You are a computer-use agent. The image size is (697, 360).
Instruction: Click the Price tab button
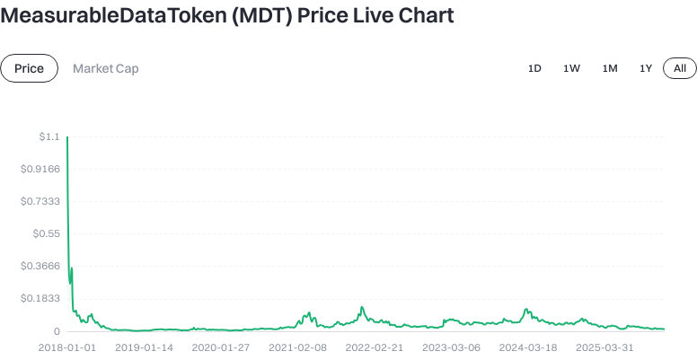29,68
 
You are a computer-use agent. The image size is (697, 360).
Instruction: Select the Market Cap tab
106,68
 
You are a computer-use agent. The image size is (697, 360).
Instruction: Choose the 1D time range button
534,68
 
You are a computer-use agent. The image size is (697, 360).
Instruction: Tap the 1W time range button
572,68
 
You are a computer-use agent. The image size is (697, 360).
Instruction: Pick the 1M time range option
610,68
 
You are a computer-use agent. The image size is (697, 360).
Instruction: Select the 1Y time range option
646,68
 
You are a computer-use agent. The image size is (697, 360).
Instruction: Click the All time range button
680,68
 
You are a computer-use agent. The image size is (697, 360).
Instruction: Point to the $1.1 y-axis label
49,136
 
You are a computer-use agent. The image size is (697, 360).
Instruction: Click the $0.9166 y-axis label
40,169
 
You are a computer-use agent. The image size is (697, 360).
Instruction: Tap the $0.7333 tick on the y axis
40,201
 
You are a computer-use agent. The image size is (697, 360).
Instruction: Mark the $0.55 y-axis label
45,233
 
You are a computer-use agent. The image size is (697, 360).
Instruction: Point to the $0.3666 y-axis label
40,266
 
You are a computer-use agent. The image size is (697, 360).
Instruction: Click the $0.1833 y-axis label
40,298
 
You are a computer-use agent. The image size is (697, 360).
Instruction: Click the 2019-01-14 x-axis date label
144,347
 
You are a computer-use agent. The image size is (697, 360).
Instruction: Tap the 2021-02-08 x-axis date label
297,347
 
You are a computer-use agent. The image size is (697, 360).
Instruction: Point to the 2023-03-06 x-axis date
451,347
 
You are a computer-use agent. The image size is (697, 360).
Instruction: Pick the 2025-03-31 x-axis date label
604,347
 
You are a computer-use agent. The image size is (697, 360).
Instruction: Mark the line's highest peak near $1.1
67,137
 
